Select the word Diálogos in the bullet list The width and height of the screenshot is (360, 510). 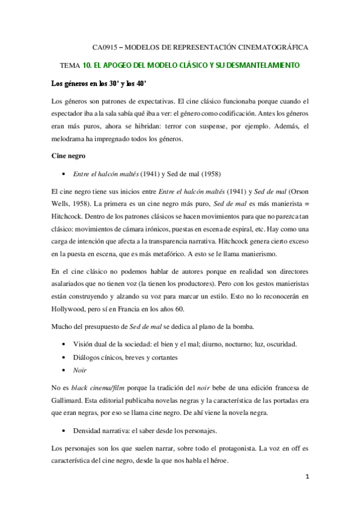88,358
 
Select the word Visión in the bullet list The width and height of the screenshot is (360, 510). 85,344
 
